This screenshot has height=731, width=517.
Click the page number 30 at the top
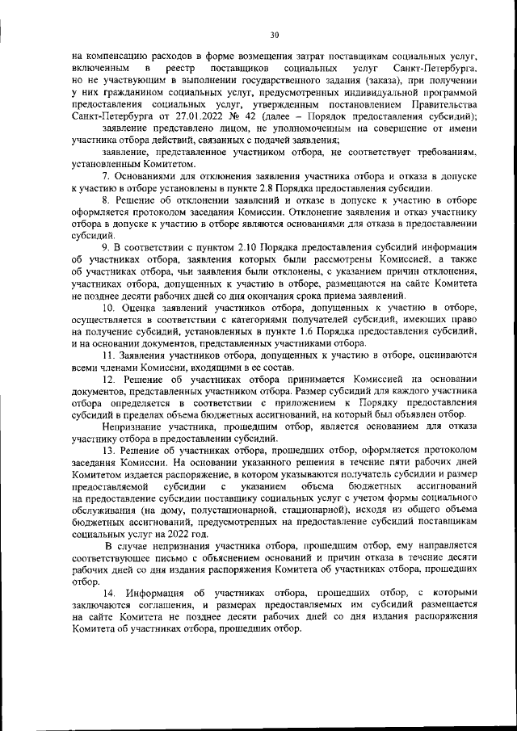pyautogui.click(x=275, y=35)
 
